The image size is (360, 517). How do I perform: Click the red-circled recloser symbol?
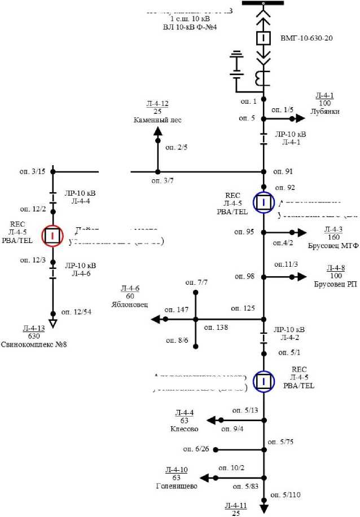coord(52,235)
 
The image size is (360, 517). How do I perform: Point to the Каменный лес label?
coord(157,120)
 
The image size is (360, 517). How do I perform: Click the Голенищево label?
coord(177,485)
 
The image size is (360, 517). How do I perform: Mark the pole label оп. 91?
coord(283,171)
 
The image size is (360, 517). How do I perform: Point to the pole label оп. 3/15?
coord(33,171)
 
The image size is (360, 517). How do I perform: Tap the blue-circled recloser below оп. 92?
coord(263,202)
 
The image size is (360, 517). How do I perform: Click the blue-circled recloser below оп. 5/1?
coord(263,381)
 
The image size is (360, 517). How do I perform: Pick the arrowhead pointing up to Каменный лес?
coord(157,131)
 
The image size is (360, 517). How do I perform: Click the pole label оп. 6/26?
coord(196,449)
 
